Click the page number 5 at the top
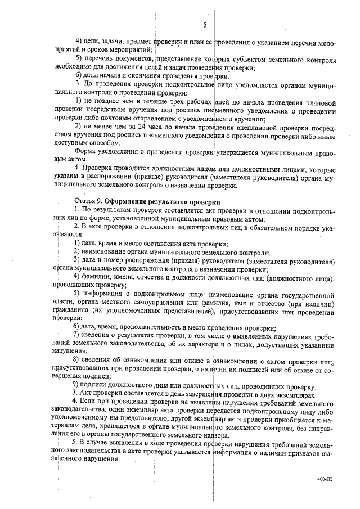[205, 25]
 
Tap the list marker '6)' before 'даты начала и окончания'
[79, 75]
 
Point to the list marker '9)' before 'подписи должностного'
[79, 386]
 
